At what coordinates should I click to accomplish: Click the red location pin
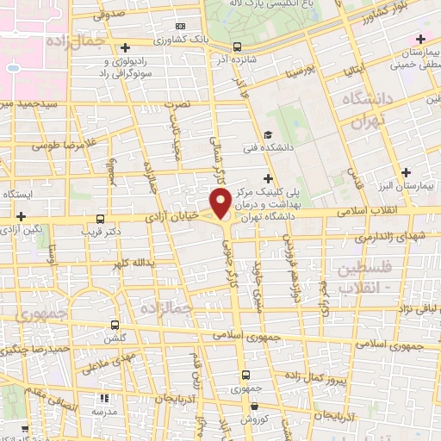(222, 203)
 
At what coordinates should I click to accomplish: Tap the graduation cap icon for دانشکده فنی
(268, 134)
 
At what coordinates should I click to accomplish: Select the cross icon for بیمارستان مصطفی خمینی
(419, 40)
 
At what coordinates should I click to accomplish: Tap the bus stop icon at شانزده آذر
(238, 47)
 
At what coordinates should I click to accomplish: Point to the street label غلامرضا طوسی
(62, 144)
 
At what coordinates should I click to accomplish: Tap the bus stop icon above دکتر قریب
(101, 220)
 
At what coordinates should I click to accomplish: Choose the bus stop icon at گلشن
(115, 326)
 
